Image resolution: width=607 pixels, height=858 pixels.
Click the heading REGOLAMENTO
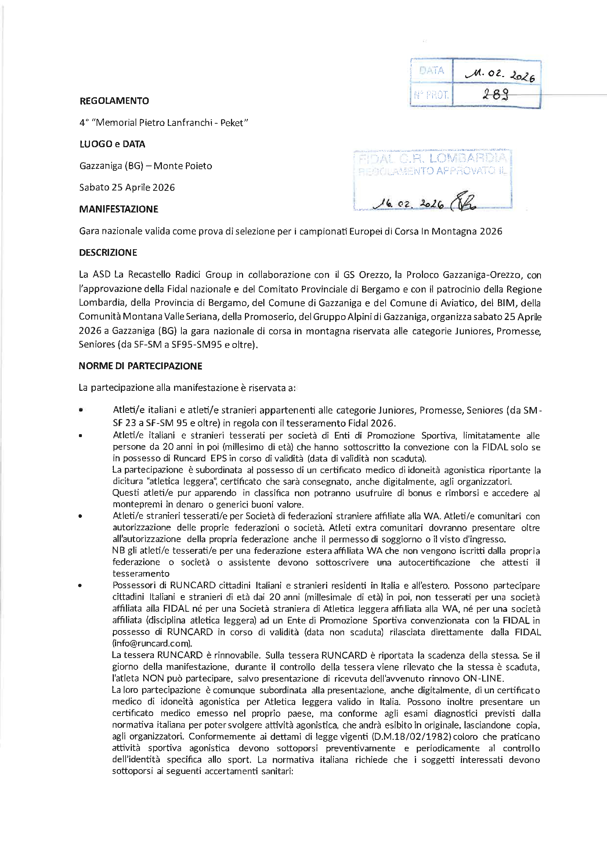114,101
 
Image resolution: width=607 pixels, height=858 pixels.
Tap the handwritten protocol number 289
495,95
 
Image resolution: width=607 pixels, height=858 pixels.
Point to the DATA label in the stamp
431,70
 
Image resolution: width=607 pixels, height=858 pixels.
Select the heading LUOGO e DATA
112,144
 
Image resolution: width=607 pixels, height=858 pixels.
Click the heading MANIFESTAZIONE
119,209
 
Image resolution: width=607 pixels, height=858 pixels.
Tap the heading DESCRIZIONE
108,252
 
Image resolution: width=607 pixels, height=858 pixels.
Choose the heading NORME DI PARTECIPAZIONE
140,366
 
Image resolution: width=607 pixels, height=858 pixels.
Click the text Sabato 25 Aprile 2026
127,188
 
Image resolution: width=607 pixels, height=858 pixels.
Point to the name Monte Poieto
183,166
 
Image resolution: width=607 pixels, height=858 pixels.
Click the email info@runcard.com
152,644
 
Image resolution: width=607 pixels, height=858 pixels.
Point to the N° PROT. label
431,95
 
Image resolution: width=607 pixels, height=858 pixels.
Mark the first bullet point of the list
80,410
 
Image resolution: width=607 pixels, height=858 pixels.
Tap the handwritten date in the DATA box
500,75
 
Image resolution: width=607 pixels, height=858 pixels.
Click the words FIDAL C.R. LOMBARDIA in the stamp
432,159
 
